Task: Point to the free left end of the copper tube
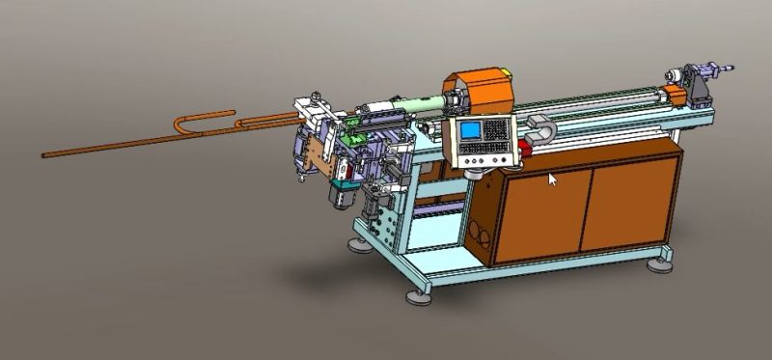click(x=45, y=153)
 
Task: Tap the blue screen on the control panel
click(x=472, y=132)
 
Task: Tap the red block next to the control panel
click(x=525, y=149)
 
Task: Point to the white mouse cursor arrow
click(x=552, y=179)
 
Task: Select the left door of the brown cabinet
click(x=542, y=212)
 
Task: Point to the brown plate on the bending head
click(x=313, y=155)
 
